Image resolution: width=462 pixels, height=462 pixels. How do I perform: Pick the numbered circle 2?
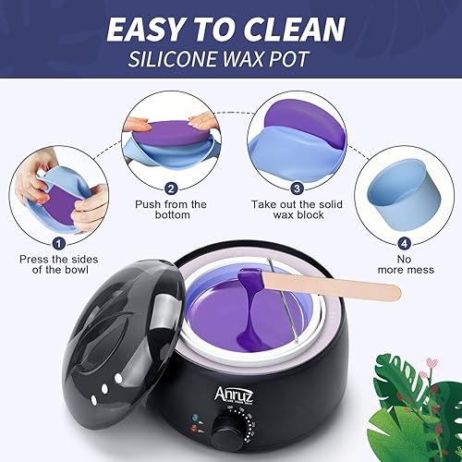coord(172,188)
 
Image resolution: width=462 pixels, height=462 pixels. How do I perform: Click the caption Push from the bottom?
coord(172,211)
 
